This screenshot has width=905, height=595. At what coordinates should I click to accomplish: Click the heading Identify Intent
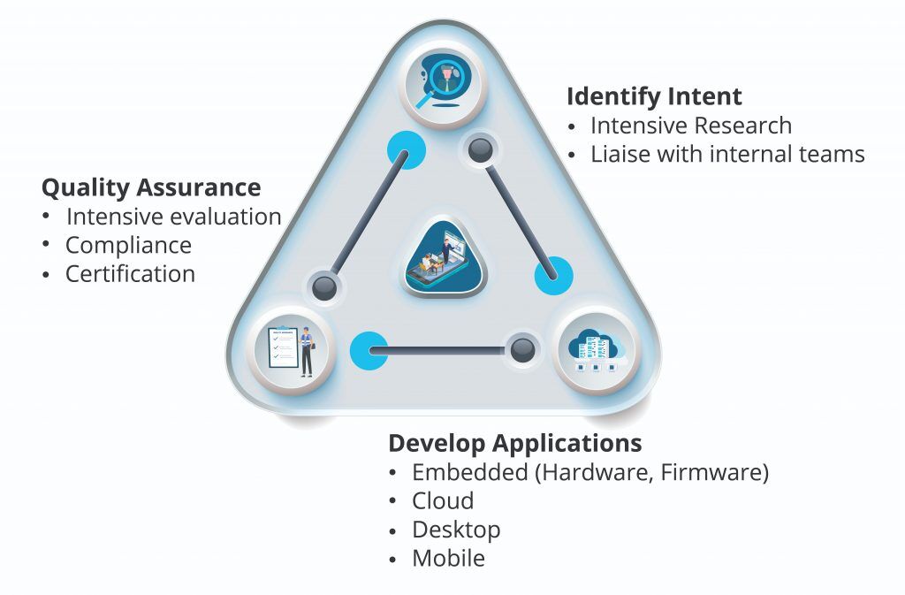654,96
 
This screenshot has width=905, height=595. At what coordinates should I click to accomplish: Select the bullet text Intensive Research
690,126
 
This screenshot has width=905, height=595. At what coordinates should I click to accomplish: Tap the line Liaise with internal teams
726,154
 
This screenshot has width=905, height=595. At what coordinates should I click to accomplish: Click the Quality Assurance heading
151,187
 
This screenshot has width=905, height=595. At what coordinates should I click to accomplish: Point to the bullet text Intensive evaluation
173,217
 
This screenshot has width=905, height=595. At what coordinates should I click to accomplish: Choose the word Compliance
128,245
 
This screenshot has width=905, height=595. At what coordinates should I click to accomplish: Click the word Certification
130,274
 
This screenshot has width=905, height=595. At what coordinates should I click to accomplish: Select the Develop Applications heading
514,443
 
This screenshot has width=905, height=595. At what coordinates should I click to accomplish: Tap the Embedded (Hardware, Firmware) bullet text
589,472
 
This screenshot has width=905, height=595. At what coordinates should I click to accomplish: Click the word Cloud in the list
443,500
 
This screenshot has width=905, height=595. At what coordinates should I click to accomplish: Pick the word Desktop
456,530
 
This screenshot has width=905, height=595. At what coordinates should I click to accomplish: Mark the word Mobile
448,559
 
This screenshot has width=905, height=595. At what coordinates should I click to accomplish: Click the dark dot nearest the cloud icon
522,350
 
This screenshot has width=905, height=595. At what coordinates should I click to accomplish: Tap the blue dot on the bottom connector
369,350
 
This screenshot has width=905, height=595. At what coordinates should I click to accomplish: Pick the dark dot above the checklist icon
323,286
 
